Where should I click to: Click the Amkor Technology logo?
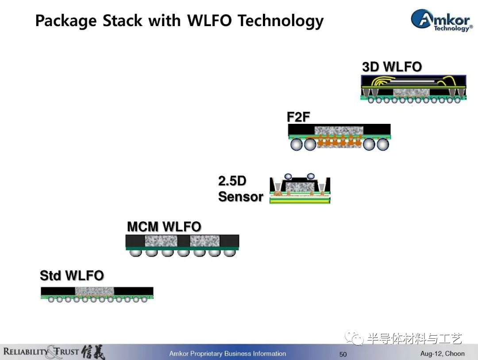(x=442, y=20)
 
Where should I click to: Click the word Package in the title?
(x=66, y=21)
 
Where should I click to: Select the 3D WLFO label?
(x=392, y=67)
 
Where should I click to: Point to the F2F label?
(x=298, y=117)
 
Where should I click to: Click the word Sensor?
(x=240, y=196)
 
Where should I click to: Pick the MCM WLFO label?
(x=164, y=226)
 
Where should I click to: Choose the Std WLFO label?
(x=72, y=276)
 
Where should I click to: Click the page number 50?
(x=343, y=354)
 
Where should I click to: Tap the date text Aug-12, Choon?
(x=442, y=354)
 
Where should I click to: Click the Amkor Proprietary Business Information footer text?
(x=227, y=354)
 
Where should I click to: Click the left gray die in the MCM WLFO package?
(x=161, y=241)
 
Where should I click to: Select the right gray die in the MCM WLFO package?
(x=204, y=241)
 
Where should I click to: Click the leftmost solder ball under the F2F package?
(x=296, y=144)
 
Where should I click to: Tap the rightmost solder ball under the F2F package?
(x=383, y=144)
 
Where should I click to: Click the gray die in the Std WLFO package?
(x=95, y=291)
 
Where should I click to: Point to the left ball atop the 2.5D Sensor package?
(x=288, y=176)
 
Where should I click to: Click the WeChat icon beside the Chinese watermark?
(x=354, y=338)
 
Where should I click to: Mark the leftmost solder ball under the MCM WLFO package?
(x=135, y=253)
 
